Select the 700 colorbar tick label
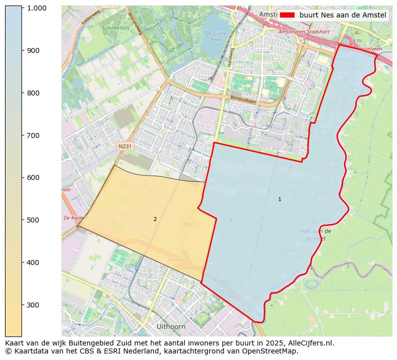pyautogui.click(x=33, y=135)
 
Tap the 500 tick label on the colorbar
pyautogui.click(x=33, y=220)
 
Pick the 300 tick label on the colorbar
pyautogui.click(x=33, y=305)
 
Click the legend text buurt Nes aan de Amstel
pyautogui.click(x=342, y=15)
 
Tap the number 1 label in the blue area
pyautogui.click(x=279, y=199)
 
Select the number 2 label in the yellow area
pyautogui.click(x=155, y=219)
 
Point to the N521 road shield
pyautogui.click(x=189, y=224)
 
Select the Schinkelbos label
pyautogui.click(x=115, y=28)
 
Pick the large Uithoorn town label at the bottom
pyautogui.click(x=171, y=326)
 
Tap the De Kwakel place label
pyautogui.click(x=73, y=218)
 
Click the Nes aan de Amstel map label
pyautogui.click(x=316, y=235)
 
